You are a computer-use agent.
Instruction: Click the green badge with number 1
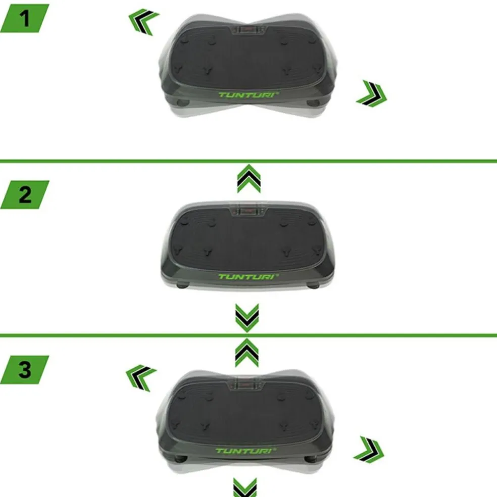click(x=25, y=18)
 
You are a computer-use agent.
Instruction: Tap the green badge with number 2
click(x=25, y=194)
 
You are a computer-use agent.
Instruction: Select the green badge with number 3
click(x=25, y=370)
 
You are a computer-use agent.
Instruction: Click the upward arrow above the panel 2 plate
click(x=249, y=178)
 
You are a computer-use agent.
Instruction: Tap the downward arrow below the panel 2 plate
click(x=247, y=318)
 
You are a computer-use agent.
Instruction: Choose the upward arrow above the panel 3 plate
click(x=246, y=353)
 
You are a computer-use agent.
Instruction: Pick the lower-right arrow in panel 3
click(x=369, y=450)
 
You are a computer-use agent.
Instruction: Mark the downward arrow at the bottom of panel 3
click(x=245, y=487)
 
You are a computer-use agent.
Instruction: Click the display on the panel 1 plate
click(x=249, y=30)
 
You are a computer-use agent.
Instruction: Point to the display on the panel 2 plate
click(x=249, y=212)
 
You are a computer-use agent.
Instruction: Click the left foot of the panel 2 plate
click(x=182, y=285)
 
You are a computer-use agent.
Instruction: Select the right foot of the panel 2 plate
click(x=313, y=285)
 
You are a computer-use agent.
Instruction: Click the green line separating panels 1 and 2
click(x=249, y=161)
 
